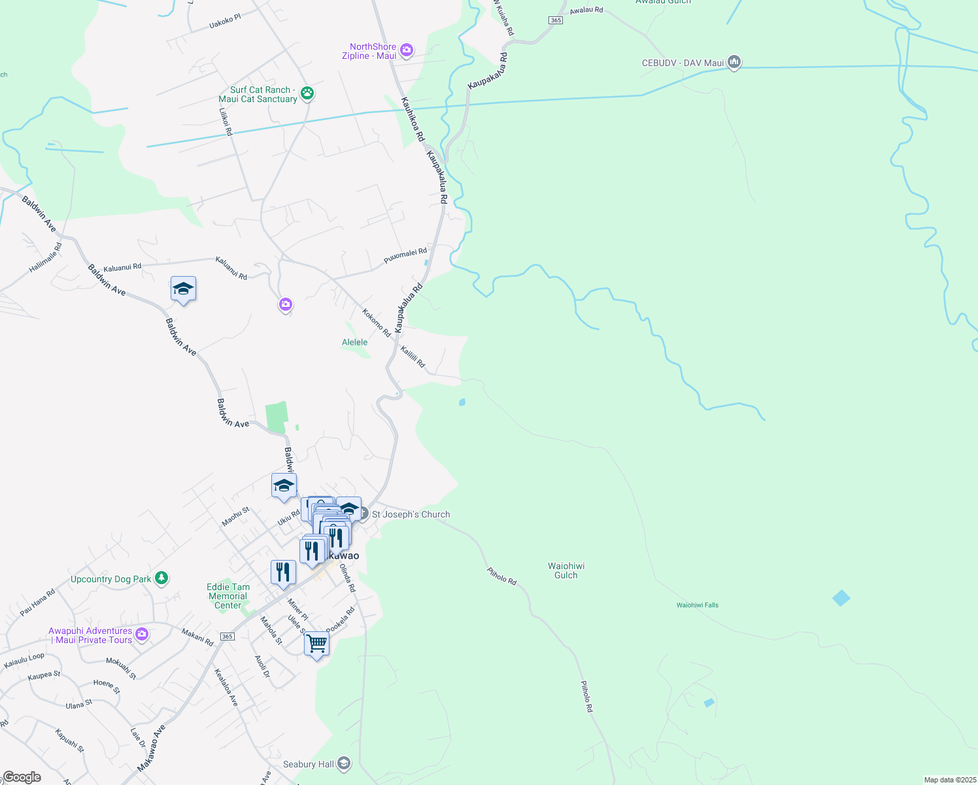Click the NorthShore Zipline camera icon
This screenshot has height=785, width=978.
[x=407, y=50]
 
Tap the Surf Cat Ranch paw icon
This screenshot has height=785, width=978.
[x=307, y=94]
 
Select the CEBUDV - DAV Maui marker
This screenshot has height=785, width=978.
[x=734, y=63]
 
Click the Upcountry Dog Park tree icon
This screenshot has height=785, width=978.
[x=161, y=578]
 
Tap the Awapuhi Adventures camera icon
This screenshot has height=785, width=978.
[x=142, y=635]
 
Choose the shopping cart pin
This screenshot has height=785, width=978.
[x=316, y=644]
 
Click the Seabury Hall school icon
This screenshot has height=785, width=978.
[x=344, y=763]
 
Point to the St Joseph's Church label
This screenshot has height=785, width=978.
[x=411, y=514]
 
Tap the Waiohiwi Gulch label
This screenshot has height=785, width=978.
[x=566, y=570]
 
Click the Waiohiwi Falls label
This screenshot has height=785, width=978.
[x=697, y=605]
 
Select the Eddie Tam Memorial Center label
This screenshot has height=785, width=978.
[x=228, y=596]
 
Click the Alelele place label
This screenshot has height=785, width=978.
[x=354, y=342]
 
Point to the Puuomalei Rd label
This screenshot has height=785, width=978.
[x=405, y=256]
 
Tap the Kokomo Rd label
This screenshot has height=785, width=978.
[x=376, y=323]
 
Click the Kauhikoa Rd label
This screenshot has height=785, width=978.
[x=413, y=120]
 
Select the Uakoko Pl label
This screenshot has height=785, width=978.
[x=225, y=22]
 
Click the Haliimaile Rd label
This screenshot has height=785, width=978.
[x=46, y=258]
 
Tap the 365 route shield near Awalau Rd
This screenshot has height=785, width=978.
[x=556, y=20]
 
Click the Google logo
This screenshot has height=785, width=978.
[x=22, y=777]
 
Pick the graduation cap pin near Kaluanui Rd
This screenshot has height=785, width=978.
[x=183, y=288]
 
